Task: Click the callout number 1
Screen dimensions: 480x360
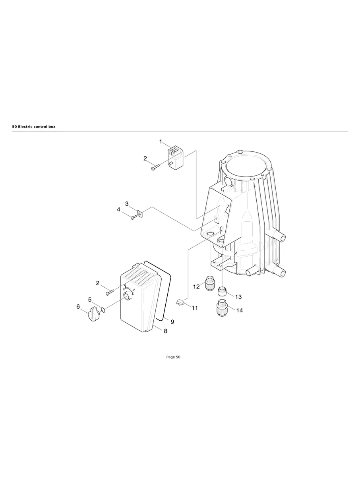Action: click(161, 141)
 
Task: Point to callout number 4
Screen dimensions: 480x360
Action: click(118, 209)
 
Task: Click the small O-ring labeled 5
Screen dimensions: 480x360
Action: click(103, 310)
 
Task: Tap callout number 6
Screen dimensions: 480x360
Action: click(78, 306)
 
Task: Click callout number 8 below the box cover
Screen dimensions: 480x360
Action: click(165, 331)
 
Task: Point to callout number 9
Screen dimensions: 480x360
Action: click(172, 322)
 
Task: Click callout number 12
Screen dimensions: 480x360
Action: click(196, 286)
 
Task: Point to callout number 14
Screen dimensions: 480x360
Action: click(240, 310)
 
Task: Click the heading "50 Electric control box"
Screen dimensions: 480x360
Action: click(34, 126)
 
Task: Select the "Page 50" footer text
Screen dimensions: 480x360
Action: click(173, 357)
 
